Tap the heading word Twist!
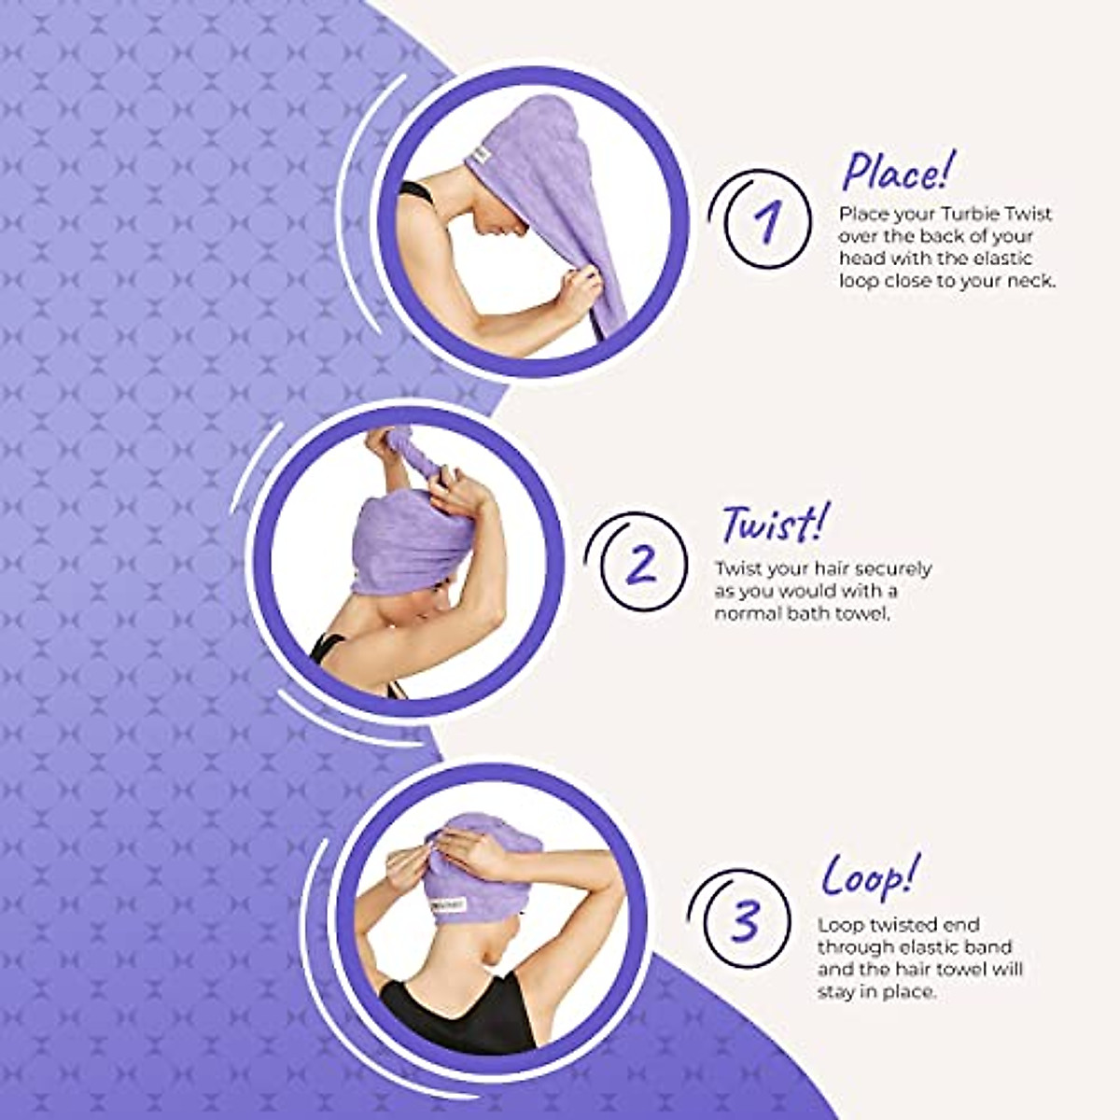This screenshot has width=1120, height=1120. coord(774,525)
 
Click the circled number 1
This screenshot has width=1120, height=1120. coord(767,222)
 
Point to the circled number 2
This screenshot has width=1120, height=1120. coord(642,565)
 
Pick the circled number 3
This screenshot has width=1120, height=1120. coord(744,920)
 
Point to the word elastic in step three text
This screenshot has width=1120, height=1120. coord(927,947)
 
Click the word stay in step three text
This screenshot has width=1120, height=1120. coord(837,992)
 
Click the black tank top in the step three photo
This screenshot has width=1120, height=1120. coord(457,1013)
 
